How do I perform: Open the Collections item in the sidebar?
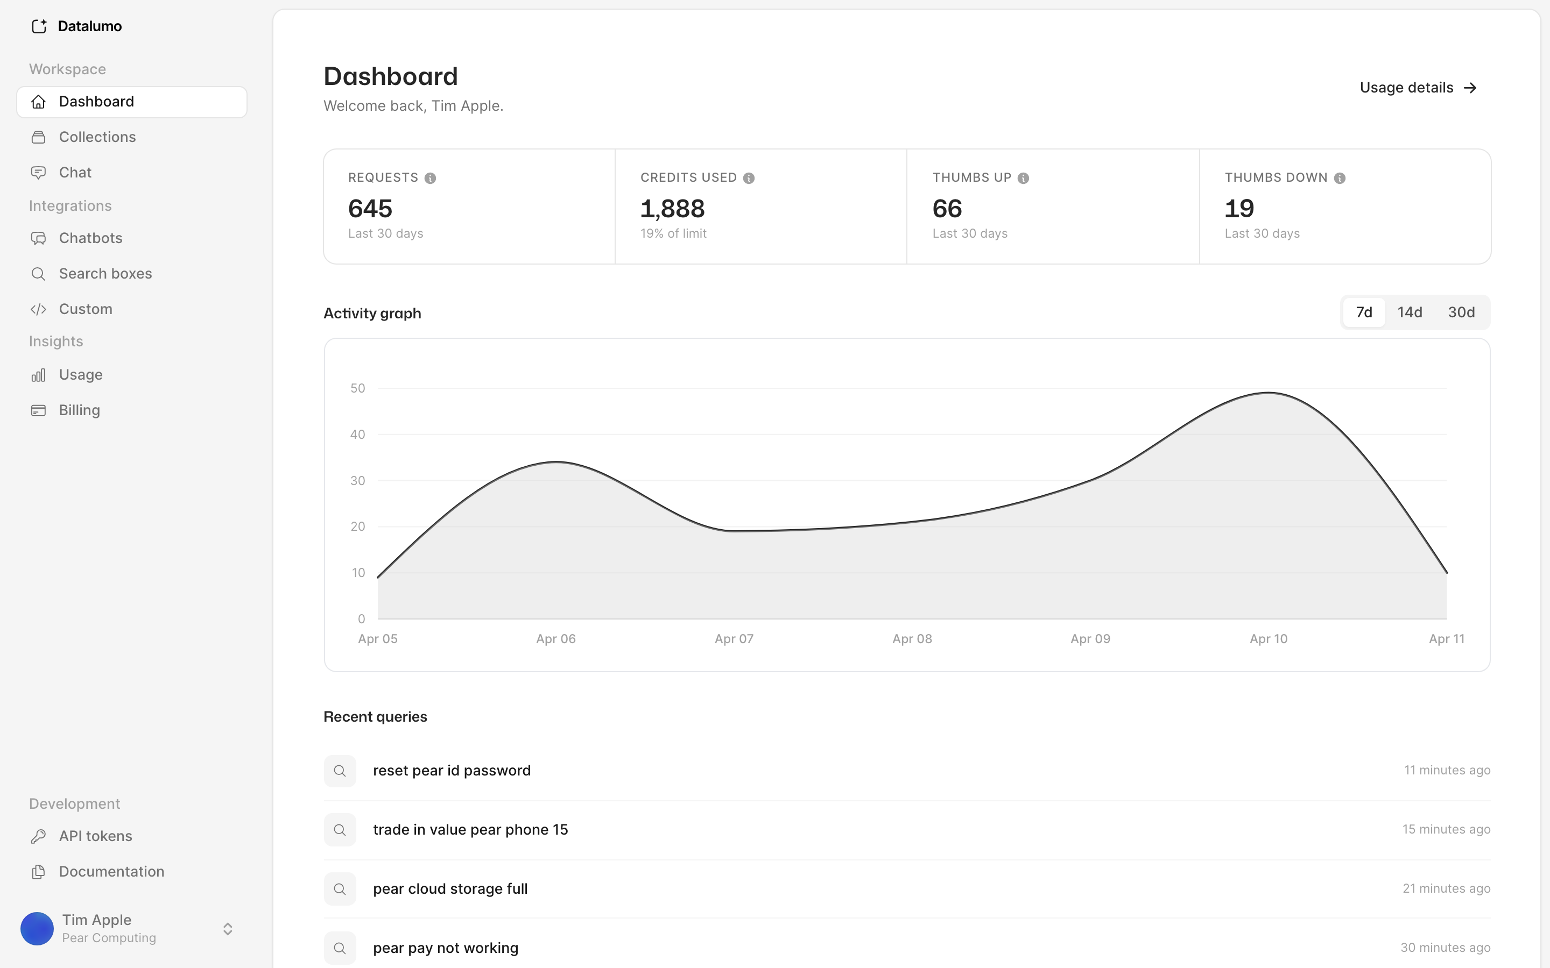pos(97,137)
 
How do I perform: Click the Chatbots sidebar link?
pos(90,238)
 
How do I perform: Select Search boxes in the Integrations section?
pos(105,273)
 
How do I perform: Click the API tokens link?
pos(95,836)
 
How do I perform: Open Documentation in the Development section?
pos(111,871)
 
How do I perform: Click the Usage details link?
pos(1418,88)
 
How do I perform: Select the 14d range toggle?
pos(1410,312)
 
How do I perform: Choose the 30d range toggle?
pos(1461,312)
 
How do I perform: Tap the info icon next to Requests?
pos(431,178)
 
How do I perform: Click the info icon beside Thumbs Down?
pos(1339,178)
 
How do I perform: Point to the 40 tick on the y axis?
pos(357,435)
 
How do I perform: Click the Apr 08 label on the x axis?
pos(912,639)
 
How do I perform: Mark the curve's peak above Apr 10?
pos(1268,393)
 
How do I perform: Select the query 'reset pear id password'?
pos(452,770)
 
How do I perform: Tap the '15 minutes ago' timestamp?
pos(1446,829)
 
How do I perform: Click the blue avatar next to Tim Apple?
pos(37,928)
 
